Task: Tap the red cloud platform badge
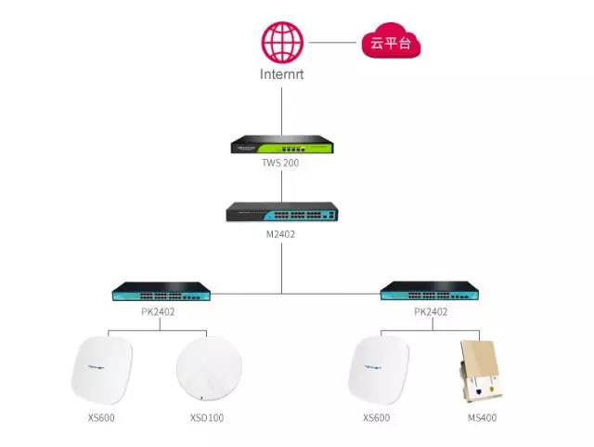click(x=390, y=43)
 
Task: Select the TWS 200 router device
click(x=281, y=145)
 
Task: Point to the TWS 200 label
click(x=281, y=163)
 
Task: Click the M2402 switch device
click(x=281, y=212)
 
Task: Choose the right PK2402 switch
click(x=430, y=293)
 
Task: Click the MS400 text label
click(x=482, y=418)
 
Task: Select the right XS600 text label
click(x=376, y=418)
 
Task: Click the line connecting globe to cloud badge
click(x=334, y=42)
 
